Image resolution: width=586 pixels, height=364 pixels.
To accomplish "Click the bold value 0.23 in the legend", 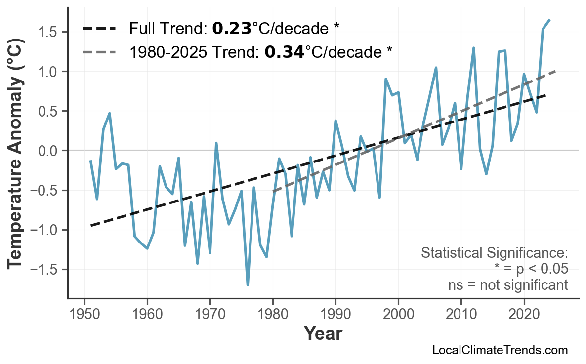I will (231, 29).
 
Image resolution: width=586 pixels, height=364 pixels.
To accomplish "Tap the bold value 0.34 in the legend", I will (284, 51).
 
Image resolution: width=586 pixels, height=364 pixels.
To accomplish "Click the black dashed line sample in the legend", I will (99, 29).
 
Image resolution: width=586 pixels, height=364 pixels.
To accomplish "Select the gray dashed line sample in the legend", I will (99, 51).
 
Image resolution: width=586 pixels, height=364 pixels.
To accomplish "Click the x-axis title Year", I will (323, 334).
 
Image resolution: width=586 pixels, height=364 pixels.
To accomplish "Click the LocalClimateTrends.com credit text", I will (500, 350).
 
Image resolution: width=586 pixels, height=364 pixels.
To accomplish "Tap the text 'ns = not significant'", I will (507, 285).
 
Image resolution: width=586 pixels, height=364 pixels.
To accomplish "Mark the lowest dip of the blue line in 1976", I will (248, 285).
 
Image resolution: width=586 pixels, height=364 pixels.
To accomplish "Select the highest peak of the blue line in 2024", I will (549, 20).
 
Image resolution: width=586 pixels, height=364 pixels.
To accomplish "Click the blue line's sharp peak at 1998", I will (385, 79).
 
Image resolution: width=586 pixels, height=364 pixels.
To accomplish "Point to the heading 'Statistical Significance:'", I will (494, 253).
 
